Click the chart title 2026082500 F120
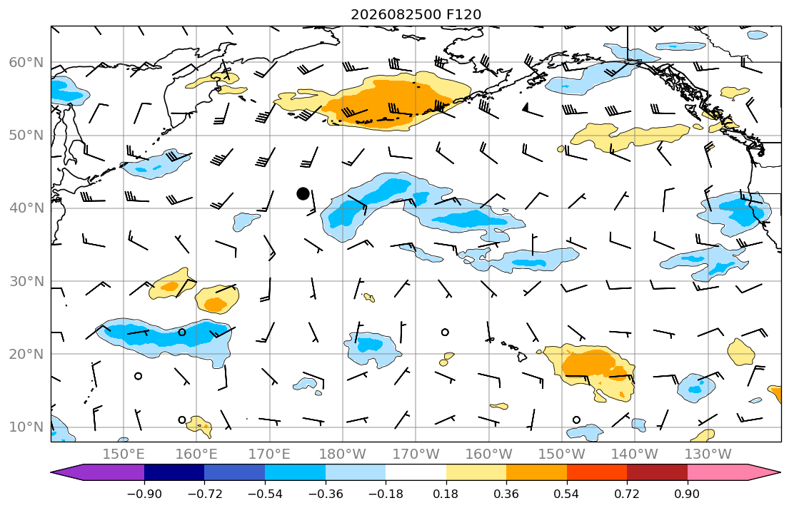point(416,14)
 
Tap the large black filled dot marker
point(303,193)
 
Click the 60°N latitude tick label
point(26,63)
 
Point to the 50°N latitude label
point(26,136)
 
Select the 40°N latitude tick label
point(26,208)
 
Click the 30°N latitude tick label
point(26,281)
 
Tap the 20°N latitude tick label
point(26,354)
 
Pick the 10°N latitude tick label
point(26,427)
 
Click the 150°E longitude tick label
point(124,454)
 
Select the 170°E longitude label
point(270,454)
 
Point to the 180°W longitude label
point(343,454)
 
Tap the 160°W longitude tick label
point(488,454)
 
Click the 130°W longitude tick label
point(708,454)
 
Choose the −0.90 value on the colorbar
point(144,494)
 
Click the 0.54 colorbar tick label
point(567,494)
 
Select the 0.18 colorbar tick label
point(446,494)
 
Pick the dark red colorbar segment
point(657,472)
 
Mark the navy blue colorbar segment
point(174,472)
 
